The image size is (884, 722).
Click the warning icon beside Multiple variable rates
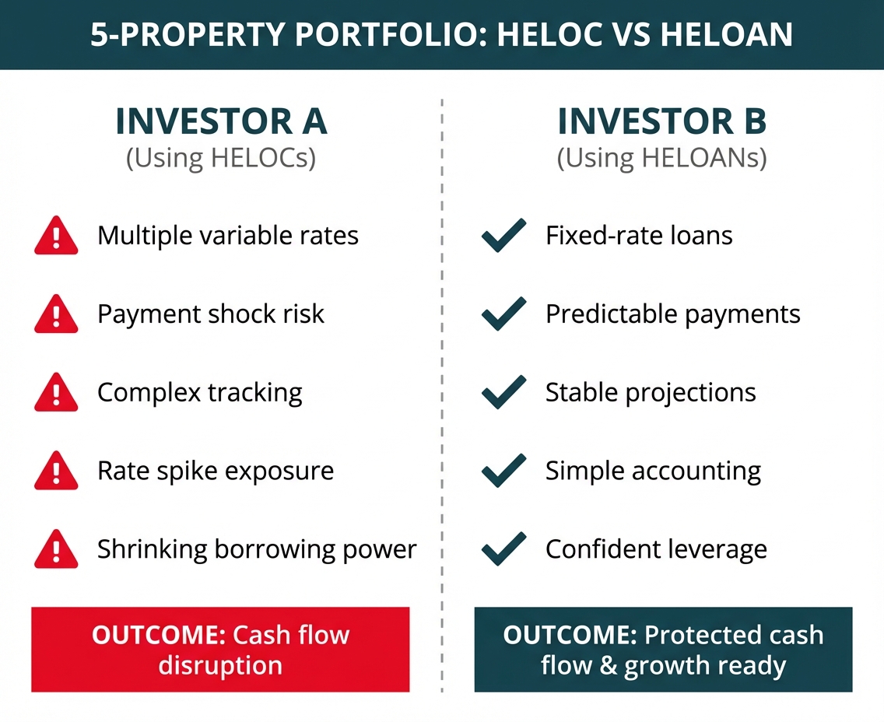click(56, 237)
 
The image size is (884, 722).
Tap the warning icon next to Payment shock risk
click(56, 315)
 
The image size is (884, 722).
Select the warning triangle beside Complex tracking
click(56, 393)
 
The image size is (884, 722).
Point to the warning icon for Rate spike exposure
click(56, 471)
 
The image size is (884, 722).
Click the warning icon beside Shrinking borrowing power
click(56, 550)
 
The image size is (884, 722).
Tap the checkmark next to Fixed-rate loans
click(504, 237)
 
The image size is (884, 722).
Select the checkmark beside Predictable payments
click(504, 315)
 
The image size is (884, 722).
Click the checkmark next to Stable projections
click(504, 393)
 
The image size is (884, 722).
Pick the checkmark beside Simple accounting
click(504, 471)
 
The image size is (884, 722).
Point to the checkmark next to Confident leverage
click(504, 550)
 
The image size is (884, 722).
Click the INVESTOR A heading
click(221, 122)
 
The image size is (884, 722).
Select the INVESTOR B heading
click(662, 122)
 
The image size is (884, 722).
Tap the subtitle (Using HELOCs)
click(221, 159)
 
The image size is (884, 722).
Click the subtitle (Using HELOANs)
click(662, 159)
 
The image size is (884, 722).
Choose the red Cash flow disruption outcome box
click(220, 650)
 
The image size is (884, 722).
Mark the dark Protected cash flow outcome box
click(663, 650)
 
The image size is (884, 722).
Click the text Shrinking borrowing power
click(257, 550)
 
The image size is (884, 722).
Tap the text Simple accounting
click(653, 471)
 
